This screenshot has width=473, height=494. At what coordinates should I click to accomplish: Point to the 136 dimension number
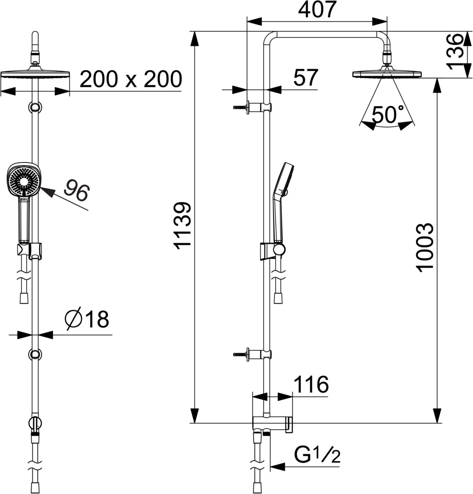456,51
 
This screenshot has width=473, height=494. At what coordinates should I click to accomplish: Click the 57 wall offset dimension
306,77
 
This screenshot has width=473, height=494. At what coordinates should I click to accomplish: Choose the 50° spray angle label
387,114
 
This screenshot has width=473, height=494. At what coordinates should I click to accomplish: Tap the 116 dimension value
311,384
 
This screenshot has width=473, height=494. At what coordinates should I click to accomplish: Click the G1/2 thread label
318,454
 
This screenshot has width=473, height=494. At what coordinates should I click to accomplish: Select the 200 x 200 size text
131,79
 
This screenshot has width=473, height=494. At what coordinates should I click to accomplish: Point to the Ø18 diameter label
87,319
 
